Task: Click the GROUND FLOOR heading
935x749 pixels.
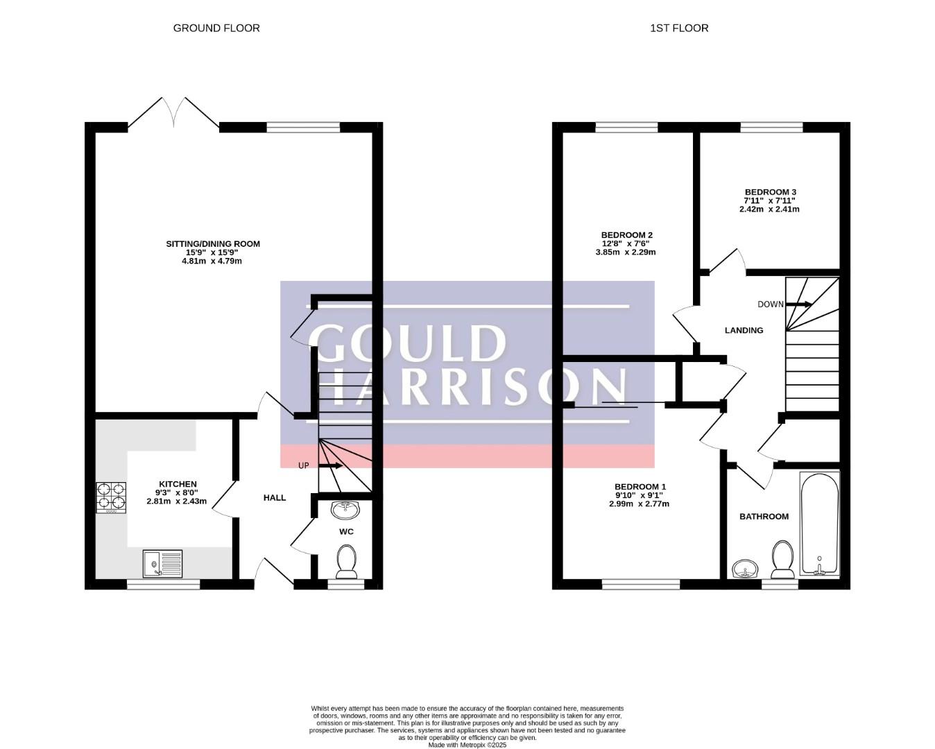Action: [216, 28]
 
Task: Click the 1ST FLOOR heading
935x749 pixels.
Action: [679, 28]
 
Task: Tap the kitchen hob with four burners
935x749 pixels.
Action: [111, 498]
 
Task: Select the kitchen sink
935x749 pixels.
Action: [162, 564]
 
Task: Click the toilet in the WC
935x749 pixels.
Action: [346, 562]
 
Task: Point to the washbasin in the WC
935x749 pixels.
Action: [345, 510]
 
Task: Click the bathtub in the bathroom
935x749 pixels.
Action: [820, 524]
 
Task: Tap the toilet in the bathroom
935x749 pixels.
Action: [782, 560]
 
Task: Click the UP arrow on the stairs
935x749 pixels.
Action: [331, 466]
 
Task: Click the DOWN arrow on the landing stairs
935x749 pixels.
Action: [798, 304]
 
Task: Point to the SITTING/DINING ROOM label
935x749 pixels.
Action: [213, 244]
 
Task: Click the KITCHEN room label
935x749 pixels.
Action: [178, 484]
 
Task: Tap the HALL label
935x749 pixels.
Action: [275, 498]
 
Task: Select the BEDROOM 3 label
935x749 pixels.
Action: [771, 192]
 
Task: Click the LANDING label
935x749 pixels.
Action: [744, 330]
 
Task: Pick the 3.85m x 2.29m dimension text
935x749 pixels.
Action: [626, 252]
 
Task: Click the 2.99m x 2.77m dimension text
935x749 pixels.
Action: [639, 504]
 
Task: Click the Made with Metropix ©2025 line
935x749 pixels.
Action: [468, 745]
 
